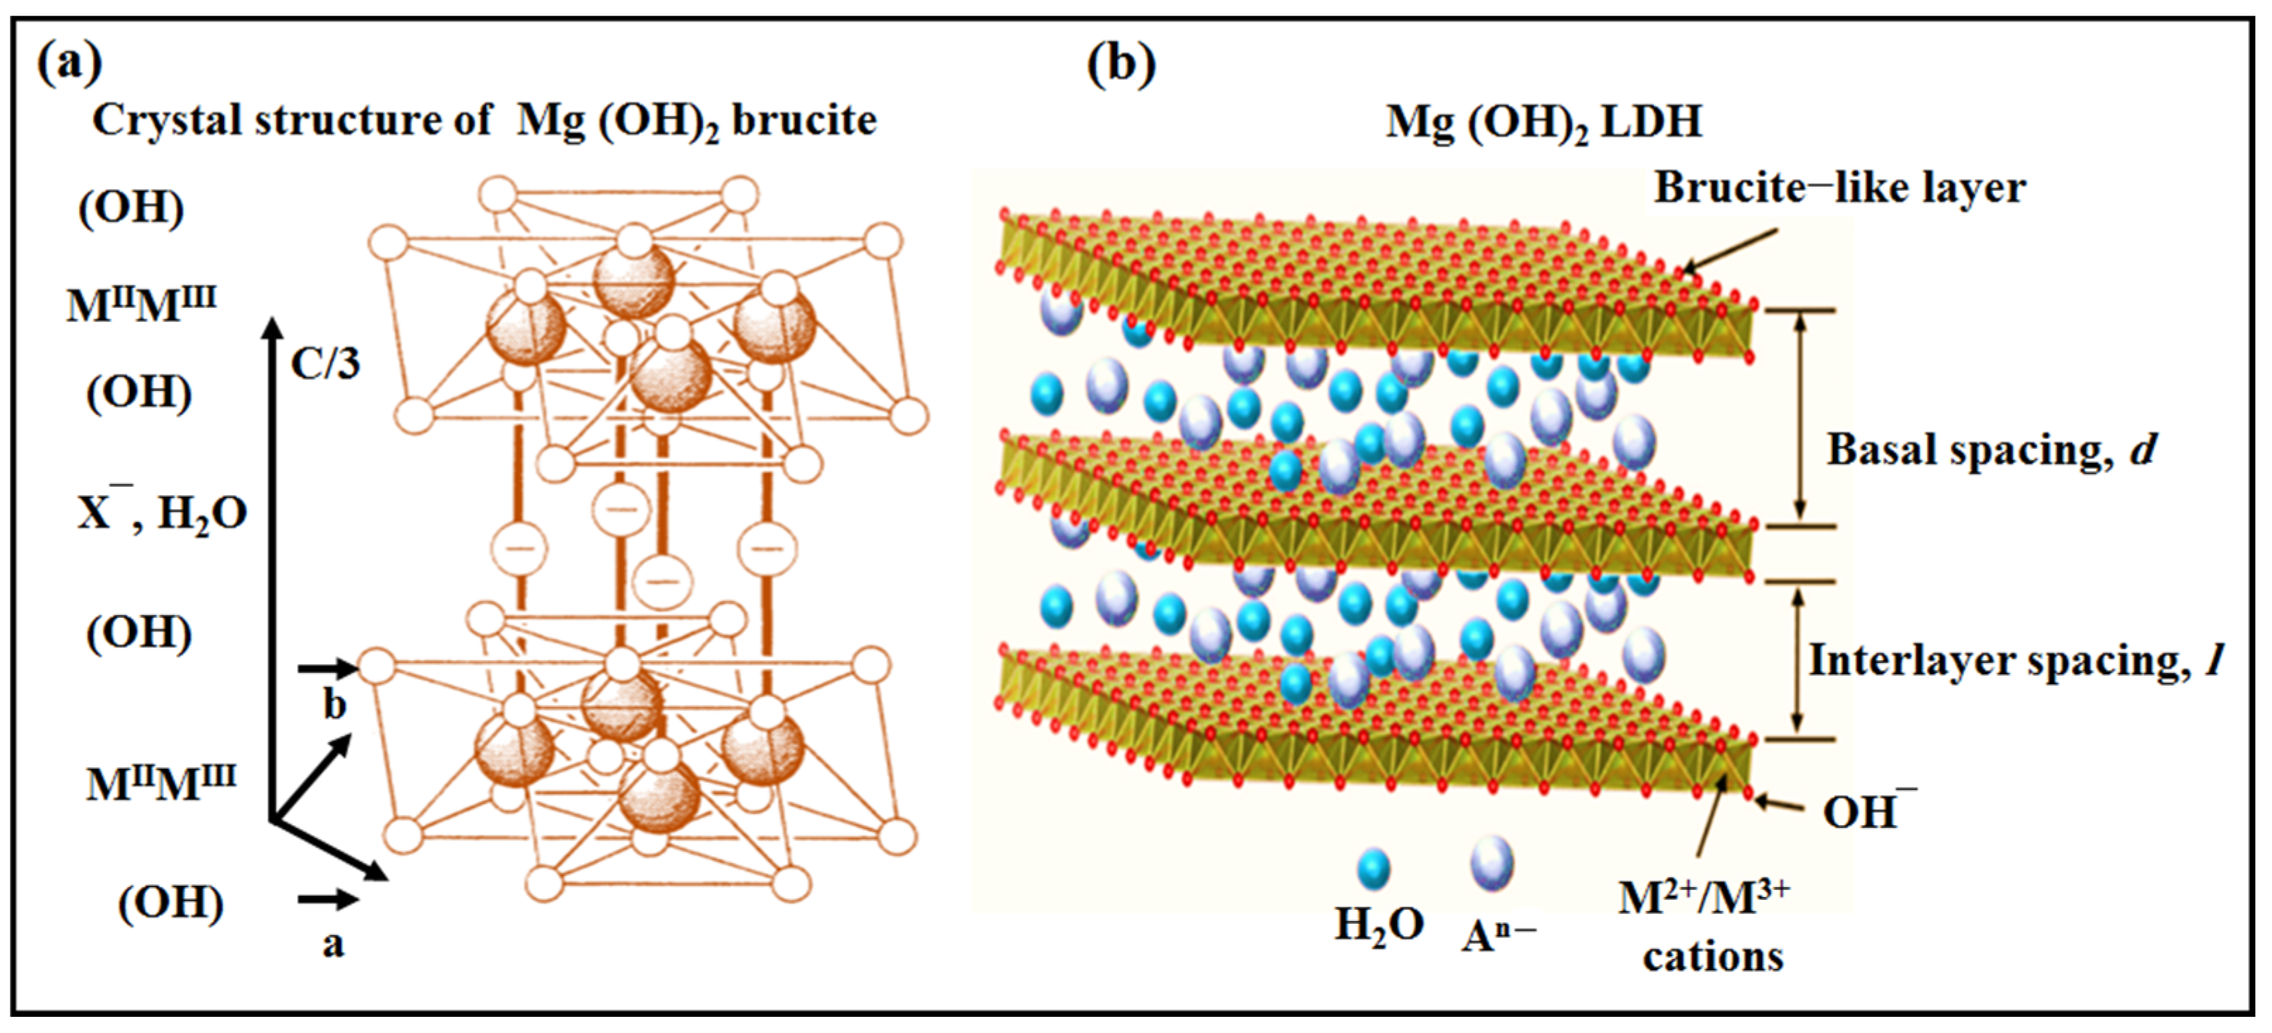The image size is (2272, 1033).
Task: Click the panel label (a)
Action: click(x=70, y=63)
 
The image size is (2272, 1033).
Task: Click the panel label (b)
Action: click(x=1120, y=64)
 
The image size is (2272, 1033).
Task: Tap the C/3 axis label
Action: click(x=325, y=363)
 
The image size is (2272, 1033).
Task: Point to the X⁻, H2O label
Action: click(x=162, y=511)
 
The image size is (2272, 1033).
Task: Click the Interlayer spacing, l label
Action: click(x=2016, y=660)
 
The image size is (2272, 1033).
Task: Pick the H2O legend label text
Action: click(x=1378, y=925)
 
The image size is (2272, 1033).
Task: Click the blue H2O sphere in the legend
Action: click(x=1373, y=869)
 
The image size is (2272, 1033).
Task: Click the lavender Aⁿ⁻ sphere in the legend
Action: click(x=1492, y=862)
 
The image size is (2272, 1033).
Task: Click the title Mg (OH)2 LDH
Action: click(x=1544, y=121)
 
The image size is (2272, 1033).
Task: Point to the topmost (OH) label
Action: click(x=132, y=208)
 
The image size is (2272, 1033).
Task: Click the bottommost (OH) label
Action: click(x=171, y=903)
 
